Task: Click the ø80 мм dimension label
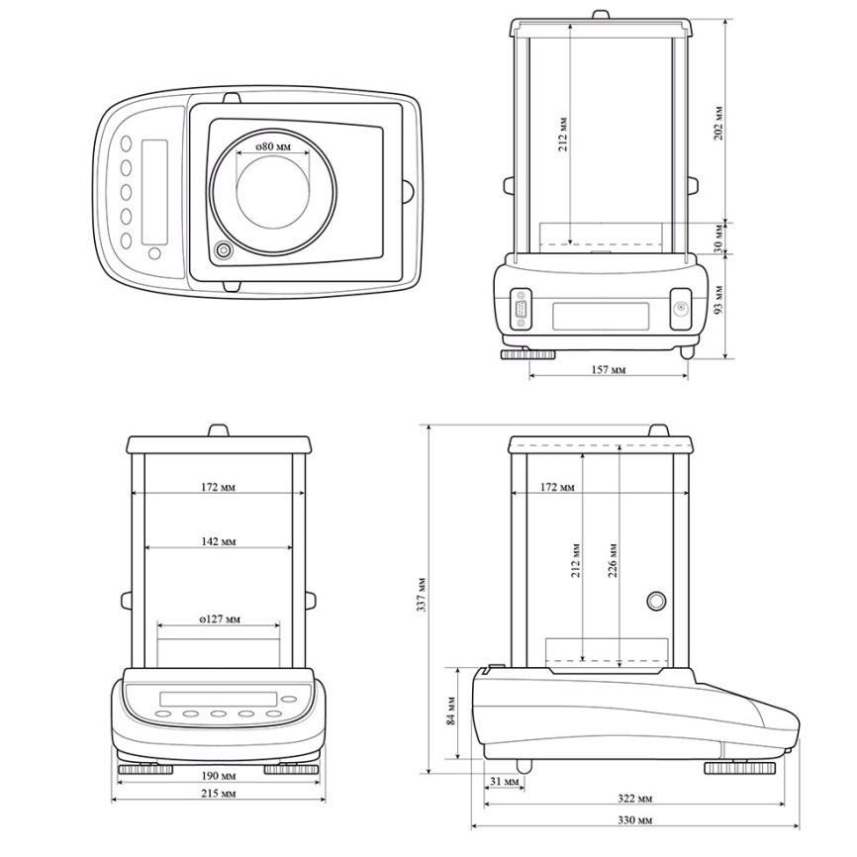pos(273,146)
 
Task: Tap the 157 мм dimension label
pos(609,370)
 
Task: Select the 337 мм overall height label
pos(422,594)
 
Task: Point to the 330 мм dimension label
pos(634,819)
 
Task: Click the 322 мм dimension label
pos(634,799)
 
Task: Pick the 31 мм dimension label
pos(504,782)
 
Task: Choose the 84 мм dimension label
pos(451,711)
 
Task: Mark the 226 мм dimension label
pos(613,560)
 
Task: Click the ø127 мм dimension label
pos(220,619)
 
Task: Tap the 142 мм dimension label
pos(218,541)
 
